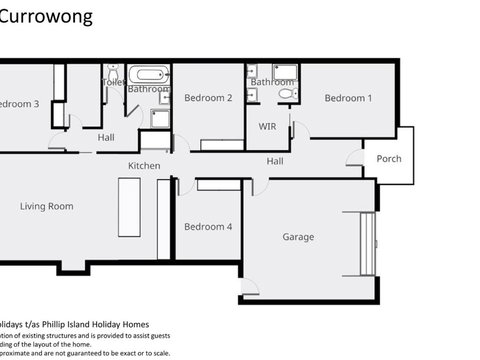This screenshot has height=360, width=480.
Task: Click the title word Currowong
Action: coord(47,17)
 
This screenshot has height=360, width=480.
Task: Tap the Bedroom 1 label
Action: coord(348,98)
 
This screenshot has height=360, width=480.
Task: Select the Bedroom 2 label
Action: coord(208,98)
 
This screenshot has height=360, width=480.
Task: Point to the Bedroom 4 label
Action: coord(208,227)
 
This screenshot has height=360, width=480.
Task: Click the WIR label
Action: coord(267,127)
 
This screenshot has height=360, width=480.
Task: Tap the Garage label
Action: coord(298,237)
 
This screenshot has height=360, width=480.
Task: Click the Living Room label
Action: coord(47,206)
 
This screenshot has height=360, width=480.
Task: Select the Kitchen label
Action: coord(144,165)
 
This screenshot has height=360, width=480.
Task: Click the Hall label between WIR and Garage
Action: coord(274,161)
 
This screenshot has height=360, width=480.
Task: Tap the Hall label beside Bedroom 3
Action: coord(106,137)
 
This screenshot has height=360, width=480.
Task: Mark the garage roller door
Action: coord(367,245)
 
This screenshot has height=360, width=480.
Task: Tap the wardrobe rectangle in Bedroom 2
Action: coord(222,144)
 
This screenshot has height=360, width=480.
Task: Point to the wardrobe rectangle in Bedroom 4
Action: coord(214,184)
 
